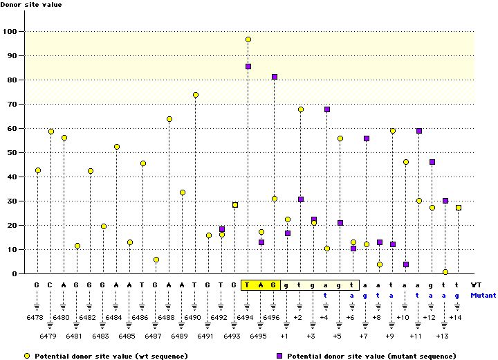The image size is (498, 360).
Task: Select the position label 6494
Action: point(247,318)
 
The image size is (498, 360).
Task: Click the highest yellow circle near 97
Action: point(248,39)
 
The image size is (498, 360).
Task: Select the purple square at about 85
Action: point(248,66)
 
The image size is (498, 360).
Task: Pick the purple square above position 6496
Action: point(275,77)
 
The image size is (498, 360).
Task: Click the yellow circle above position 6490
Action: point(196,95)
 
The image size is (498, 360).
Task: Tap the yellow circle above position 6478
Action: point(38,170)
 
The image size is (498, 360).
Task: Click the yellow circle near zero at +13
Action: point(445,272)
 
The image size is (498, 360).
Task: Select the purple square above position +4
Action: point(327,109)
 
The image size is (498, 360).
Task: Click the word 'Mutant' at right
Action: point(483,294)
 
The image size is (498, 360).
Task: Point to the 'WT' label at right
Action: point(477,285)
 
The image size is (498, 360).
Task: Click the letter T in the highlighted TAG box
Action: point(248,285)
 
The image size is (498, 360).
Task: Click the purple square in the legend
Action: point(280,356)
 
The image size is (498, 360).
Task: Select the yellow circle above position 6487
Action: point(156,260)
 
